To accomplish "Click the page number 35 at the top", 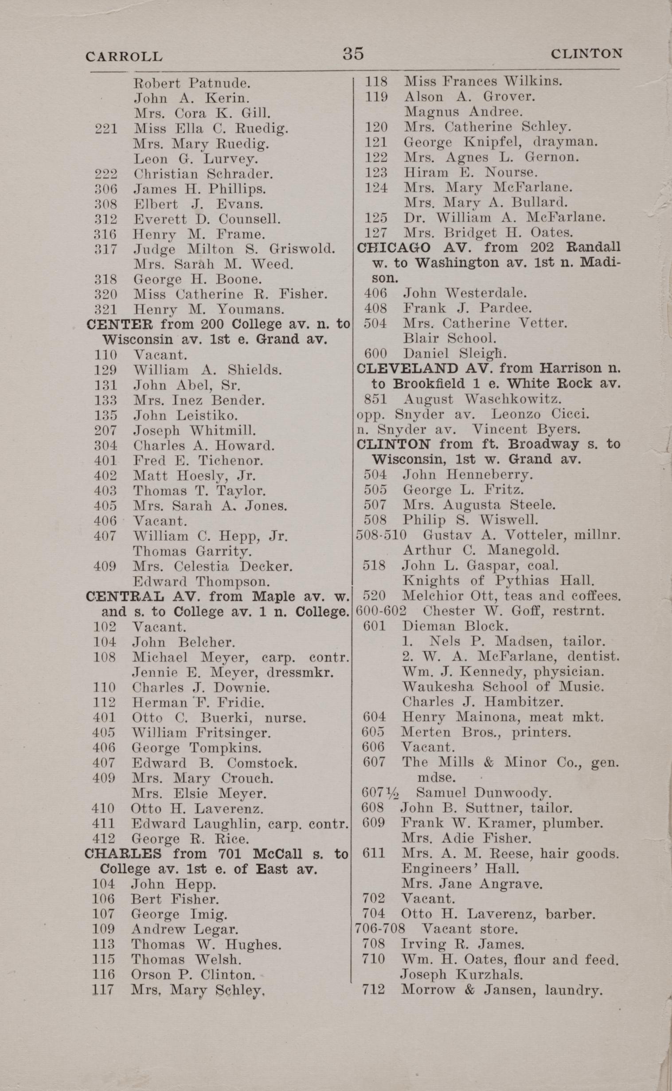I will click(x=353, y=54).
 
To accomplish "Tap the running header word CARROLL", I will click(x=124, y=56).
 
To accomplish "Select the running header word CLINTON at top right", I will click(x=586, y=54).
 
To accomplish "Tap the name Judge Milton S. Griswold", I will click(x=234, y=248).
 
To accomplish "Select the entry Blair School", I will click(x=449, y=338).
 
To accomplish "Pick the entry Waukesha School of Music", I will click(x=503, y=687).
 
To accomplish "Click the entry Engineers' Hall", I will click(x=460, y=868).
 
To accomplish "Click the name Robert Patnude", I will click(x=192, y=83).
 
